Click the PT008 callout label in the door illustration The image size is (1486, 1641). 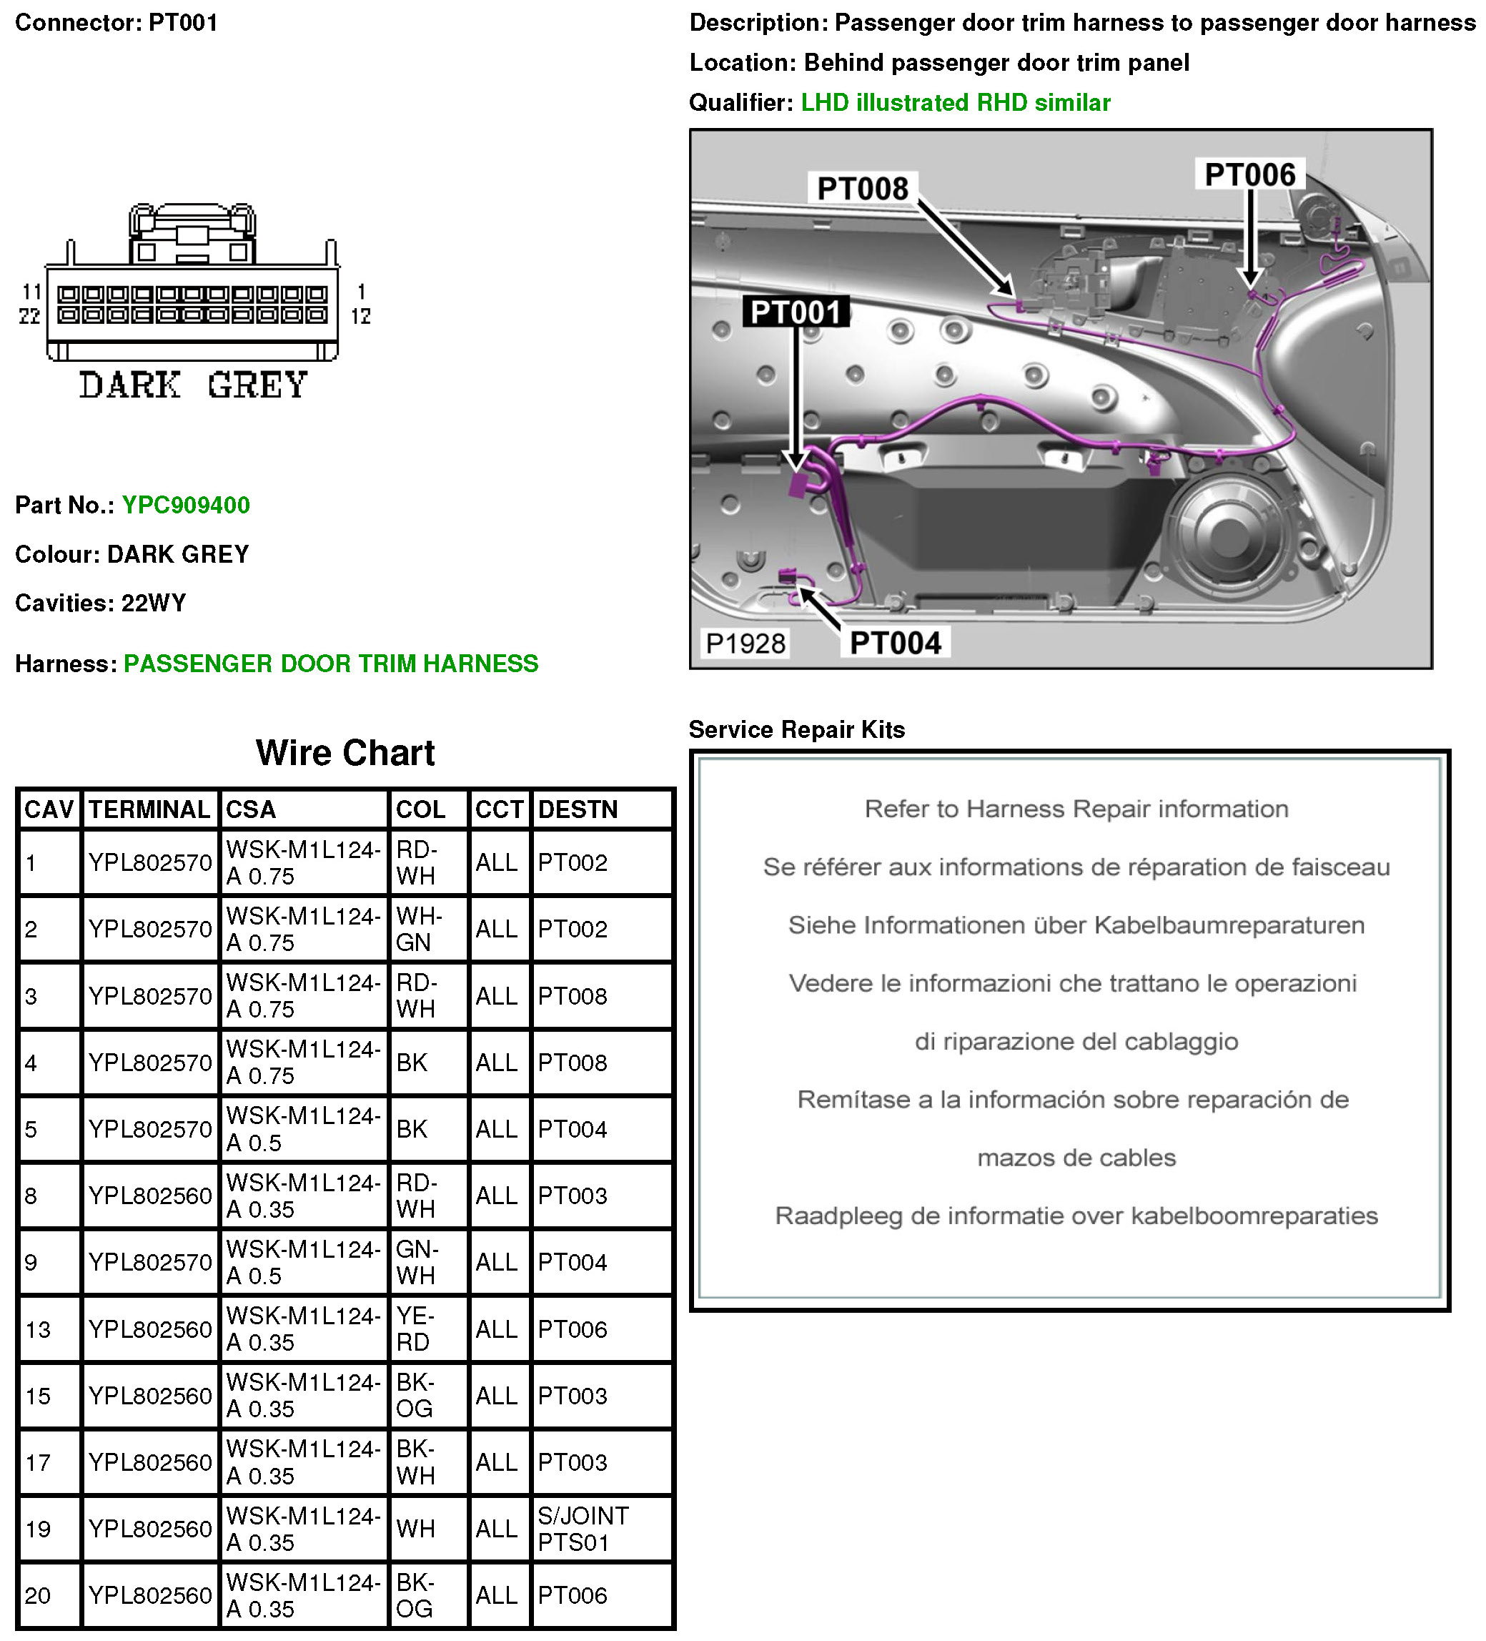[x=862, y=189]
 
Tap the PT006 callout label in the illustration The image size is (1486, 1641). [x=1249, y=175]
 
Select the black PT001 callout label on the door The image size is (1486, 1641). [x=795, y=312]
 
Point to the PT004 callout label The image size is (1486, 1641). [x=895, y=643]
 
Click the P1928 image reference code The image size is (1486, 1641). [x=745, y=644]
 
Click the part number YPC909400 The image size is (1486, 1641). [x=186, y=506]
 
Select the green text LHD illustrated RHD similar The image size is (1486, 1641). [x=956, y=102]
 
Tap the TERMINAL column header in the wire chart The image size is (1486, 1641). [x=149, y=809]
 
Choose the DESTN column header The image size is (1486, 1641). [x=578, y=809]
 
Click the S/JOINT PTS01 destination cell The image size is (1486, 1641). [x=583, y=1529]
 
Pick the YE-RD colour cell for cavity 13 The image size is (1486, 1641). [x=415, y=1329]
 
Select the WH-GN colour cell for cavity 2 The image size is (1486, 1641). [x=418, y=929]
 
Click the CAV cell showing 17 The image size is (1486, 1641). [x=39, y=1463]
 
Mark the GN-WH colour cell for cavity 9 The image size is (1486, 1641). [x=417, y=1263]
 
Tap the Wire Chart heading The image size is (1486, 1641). [x=345, y=753]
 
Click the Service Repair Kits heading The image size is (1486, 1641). [x=796, y=729]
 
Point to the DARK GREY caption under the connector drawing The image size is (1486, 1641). [x=193, y=385]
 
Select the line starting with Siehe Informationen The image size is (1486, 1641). [x=1076, y=925]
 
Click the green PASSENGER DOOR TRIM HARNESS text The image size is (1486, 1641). [x=330, y=664]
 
